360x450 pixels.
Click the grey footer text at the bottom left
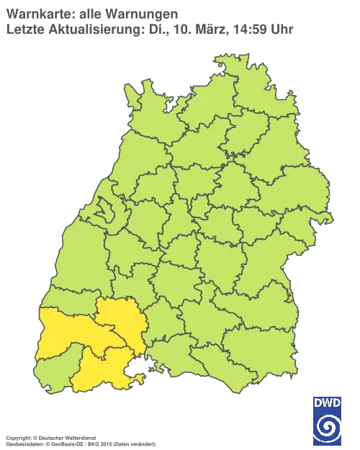pyautogui.click(x=79, y=437)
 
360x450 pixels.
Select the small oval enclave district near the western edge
pyautogui.click(x=102, y=212)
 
